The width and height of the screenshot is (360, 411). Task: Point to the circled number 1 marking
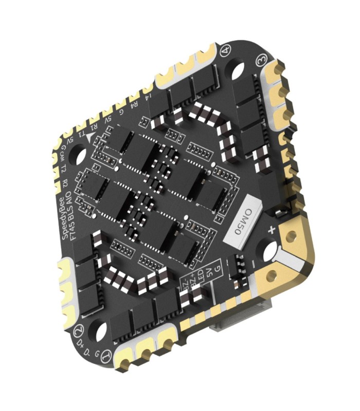pos(105,355)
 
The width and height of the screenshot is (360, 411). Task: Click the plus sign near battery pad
pos(271,230)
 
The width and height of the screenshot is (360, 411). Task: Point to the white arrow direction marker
pos(91,136)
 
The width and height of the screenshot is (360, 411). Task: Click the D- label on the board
pos(92,352)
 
